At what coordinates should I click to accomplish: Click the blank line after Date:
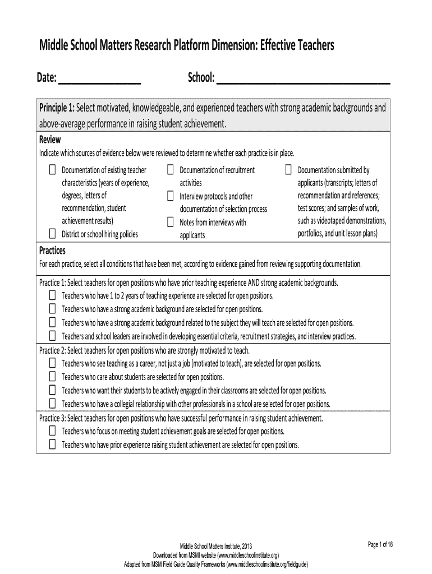click(99, 82)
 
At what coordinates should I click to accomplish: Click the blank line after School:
click(303, 82)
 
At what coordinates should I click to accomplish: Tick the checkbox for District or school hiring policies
click(52, 234)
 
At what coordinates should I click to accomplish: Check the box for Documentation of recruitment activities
click(170, 169)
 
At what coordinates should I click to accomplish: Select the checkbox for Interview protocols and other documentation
click(170, 196)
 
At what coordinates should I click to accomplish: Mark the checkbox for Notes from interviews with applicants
click(170, 222)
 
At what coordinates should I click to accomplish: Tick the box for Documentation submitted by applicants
click(288, 169)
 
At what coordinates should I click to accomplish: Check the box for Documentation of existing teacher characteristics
click(52, 169)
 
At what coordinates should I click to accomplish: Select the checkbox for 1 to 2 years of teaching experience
click(52, 295)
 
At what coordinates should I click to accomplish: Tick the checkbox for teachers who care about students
click(52, 377)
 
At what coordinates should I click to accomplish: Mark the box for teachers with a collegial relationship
click(52, 404)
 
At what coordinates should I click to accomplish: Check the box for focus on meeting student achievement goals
click(52, 431)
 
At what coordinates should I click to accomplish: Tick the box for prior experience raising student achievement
click(52, 445)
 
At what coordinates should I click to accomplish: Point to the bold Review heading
click(49, 140)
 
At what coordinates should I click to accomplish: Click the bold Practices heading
click(52, 250)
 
